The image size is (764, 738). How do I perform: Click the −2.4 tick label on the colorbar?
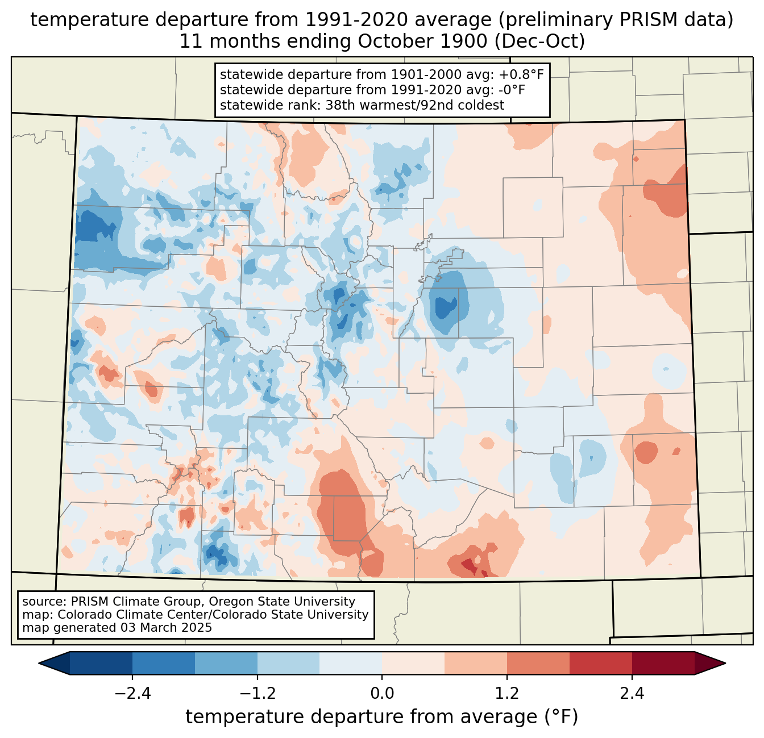[132, 694]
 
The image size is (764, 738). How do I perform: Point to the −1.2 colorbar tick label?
[257, 694]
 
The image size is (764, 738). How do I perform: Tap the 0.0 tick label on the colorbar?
[382, 694]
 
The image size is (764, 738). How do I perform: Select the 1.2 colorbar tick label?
[507, 694]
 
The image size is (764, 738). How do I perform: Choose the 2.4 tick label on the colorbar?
[632, 694]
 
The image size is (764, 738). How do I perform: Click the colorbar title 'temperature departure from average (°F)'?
[382, 717]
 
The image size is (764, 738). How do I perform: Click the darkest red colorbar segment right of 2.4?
[663, 663]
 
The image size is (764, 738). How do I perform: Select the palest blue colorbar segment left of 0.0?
[351, 663]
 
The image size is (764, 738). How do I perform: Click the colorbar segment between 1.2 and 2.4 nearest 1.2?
[538, 663]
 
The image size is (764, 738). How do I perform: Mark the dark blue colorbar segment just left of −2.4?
[101, 663]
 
